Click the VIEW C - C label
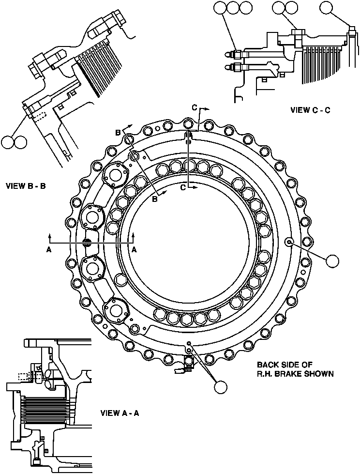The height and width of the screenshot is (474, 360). (x=310, y=110)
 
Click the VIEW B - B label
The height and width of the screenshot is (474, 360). (x=25, y=185)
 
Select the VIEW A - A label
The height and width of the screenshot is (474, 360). (x=120, y=413)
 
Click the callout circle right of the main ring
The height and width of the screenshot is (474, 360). (x=333, y=260)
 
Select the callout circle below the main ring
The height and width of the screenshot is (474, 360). (x=221, y=387)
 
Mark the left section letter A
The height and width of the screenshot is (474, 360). (x=48, y=249)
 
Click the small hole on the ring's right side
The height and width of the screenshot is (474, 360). (x=289, y=242)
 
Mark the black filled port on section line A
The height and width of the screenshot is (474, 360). (x=88, y=243)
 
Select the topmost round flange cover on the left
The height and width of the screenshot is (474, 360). (x=115, y=176)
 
